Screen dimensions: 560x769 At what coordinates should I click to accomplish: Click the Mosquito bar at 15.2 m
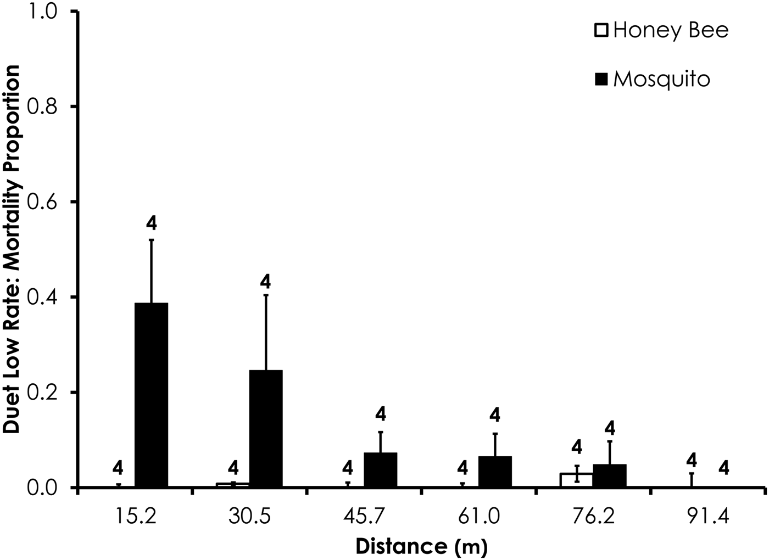151,395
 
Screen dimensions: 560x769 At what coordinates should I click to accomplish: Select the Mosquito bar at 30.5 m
266,428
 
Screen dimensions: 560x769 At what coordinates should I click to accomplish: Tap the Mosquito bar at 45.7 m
380,470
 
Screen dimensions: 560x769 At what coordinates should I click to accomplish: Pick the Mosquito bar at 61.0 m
495,472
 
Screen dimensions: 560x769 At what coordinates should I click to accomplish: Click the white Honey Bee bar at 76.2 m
576,480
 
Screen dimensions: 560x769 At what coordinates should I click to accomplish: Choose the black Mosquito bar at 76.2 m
609,475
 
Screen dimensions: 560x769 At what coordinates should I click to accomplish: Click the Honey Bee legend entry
662,30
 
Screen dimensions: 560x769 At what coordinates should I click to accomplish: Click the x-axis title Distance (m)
421,546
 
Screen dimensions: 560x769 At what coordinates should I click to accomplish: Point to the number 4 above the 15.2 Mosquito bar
151,223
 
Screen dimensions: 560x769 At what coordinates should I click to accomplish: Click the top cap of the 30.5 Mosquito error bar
266,295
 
